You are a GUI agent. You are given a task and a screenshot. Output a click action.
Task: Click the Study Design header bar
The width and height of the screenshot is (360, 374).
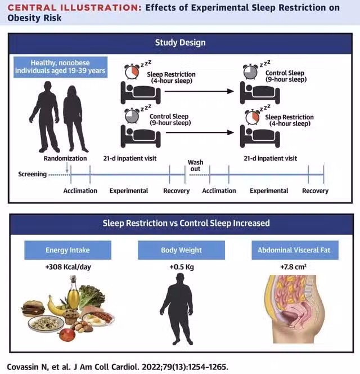click(180, 42)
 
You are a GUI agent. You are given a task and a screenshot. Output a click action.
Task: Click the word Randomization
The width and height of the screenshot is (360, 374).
click(65, 159)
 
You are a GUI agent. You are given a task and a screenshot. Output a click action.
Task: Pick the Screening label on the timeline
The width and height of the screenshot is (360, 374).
click(33, 175)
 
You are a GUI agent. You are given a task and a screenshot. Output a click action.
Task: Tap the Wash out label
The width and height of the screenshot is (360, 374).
click(195, 166)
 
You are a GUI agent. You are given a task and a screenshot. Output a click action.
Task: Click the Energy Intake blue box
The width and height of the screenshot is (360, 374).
click(67, 250)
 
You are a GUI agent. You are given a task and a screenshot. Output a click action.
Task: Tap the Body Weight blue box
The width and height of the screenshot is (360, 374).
click(181, 250)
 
